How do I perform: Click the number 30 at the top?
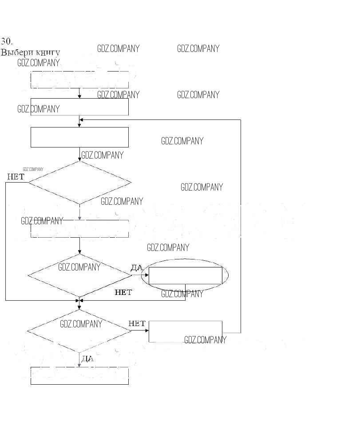tap(6, 41)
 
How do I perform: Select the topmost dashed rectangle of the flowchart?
tap(79, 80)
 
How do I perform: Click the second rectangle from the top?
tap(79, 107)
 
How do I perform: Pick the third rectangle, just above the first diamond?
tap(79, 137)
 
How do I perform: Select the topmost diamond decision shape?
tap(80, 182)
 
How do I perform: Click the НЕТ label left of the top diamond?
tap(16, 177)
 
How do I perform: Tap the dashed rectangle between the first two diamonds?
tap(79, 228)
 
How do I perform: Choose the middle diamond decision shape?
tap(80, 275)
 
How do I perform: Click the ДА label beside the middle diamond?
tap(136, 267)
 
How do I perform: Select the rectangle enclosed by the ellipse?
tap(185, 275)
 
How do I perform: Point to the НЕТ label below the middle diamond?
tap(123, 292)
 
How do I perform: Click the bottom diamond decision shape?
tap(79, 331)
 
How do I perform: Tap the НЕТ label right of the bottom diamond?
tap(137, 323)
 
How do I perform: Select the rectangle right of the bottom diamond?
tap(185, 331)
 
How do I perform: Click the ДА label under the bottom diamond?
tap(87, 359)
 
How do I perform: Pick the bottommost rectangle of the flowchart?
tap(79, 376)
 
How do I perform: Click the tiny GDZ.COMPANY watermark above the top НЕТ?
tap(33, 169)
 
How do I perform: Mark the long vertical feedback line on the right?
tap(241, 222)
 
